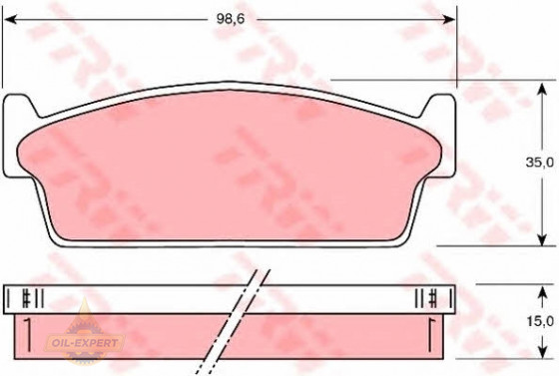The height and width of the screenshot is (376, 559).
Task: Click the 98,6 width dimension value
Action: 231,19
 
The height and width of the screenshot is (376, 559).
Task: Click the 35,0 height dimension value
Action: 541,163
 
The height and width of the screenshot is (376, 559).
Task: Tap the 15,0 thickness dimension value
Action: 541,321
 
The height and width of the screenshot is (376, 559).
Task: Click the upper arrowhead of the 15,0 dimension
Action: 542,293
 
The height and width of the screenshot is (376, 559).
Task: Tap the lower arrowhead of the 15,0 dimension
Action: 542,351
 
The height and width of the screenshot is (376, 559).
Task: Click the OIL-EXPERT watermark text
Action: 85,343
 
